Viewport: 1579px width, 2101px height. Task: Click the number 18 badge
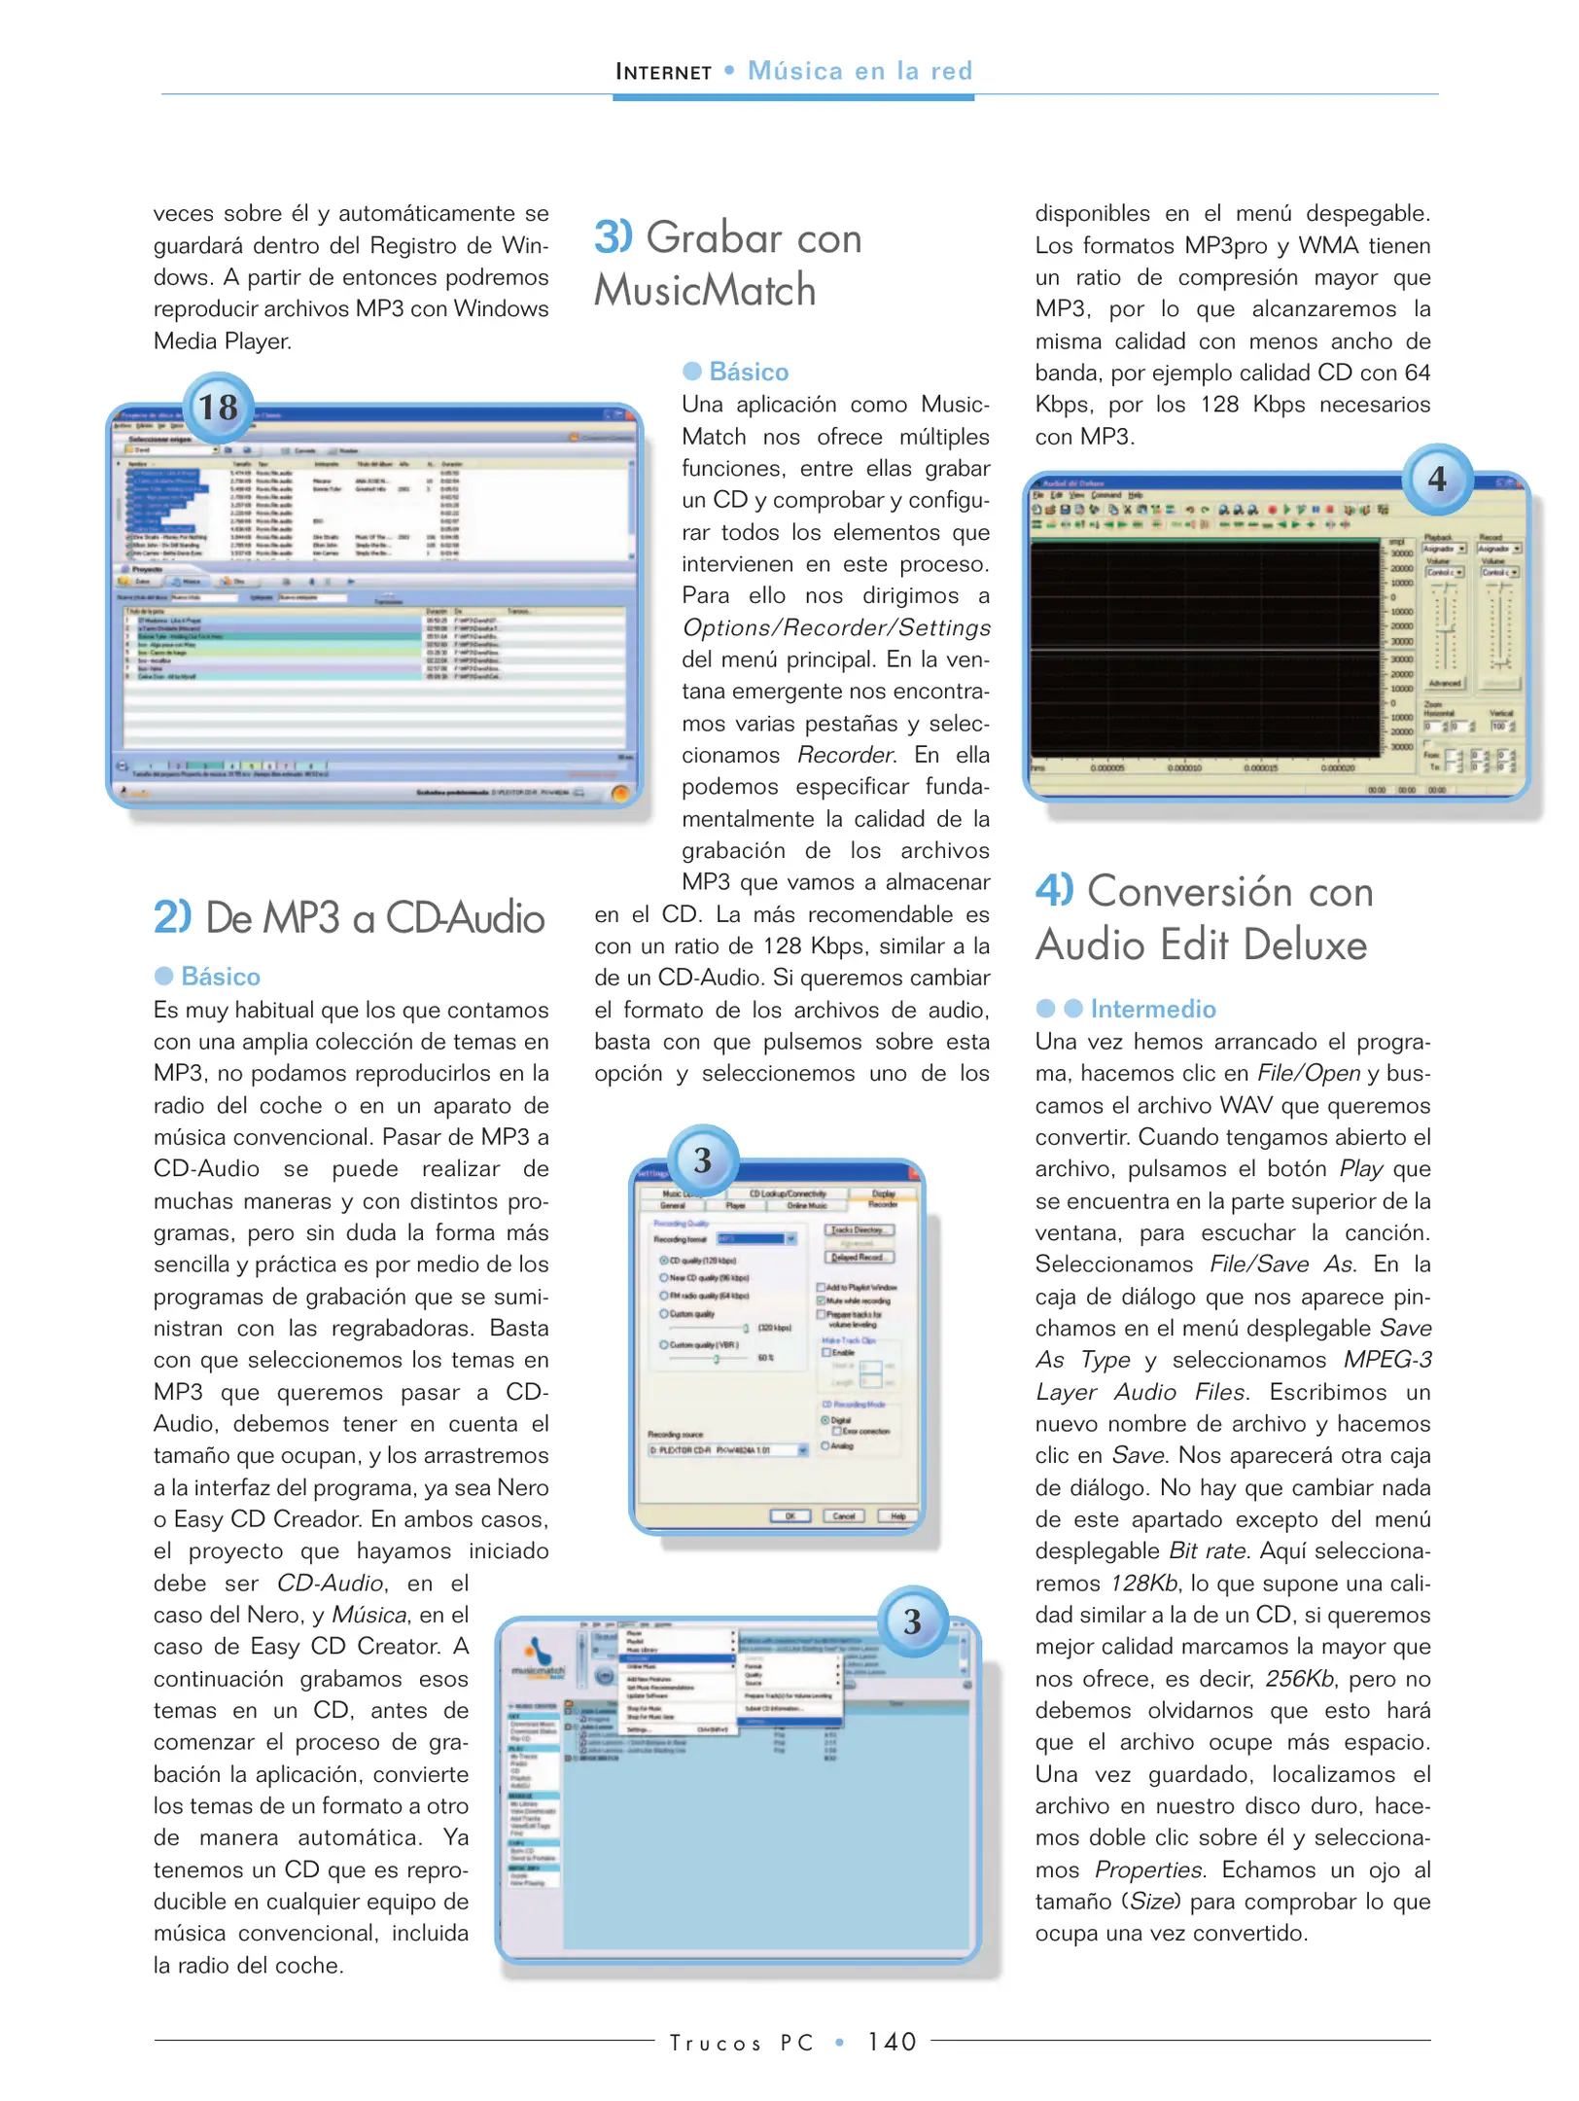coord(219,408)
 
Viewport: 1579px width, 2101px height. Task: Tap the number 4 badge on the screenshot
coord(1436,480)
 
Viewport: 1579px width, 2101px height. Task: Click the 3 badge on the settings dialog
coord(702,1160)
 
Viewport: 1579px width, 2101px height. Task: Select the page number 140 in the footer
coord(893,2042)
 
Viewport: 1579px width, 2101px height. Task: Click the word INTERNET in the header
coord(663,72)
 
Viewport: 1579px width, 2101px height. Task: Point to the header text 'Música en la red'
coord(860,71)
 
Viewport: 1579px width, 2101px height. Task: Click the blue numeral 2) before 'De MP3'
coord(172,917)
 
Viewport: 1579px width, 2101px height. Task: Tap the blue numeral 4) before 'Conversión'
coord(1054,890)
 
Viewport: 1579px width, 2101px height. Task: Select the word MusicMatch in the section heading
coord(705,290)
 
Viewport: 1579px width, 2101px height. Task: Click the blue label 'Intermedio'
coord(1152,1009)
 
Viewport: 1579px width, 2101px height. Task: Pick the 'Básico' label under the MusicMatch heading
coord(748,372)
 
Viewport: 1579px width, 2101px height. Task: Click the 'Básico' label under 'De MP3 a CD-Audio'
coord(220,977)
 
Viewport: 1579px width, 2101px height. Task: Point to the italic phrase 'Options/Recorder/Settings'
coord(836,627)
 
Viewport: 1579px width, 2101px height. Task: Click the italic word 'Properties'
coord(1148,1870)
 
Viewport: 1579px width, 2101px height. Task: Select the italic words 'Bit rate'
coord(1207,1550)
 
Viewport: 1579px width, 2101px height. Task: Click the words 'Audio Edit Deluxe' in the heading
coord(1201,944)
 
